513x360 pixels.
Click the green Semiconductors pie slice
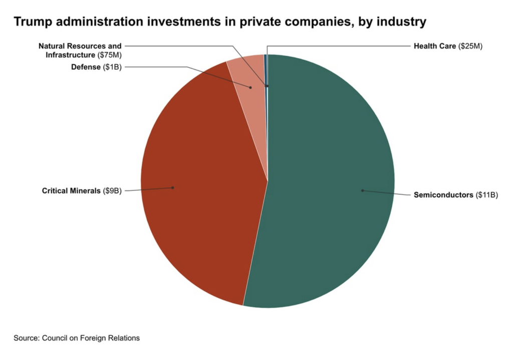(x=327, y=183)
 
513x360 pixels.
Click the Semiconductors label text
(x=443, y=195)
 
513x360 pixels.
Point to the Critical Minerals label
(x=71, y=191)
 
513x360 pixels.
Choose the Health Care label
(x=435, y=46)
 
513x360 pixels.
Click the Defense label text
(x=86, y=67)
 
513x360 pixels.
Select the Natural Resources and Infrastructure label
(x=80, y=51)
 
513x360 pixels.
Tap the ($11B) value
(x=486, y=195)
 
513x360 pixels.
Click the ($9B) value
(x=112, y=191)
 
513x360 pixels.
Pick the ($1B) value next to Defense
(x=112, y=67)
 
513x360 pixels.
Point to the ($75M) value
(x=109, y=55)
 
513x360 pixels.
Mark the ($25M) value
(x=470, y=46)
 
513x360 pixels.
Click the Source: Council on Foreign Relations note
(x=77, y=338)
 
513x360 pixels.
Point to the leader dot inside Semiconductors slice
(x=363, y=190)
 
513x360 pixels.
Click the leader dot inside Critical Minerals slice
(x=173, y=188)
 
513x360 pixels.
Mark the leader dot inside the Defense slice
(x=250, y=87)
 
